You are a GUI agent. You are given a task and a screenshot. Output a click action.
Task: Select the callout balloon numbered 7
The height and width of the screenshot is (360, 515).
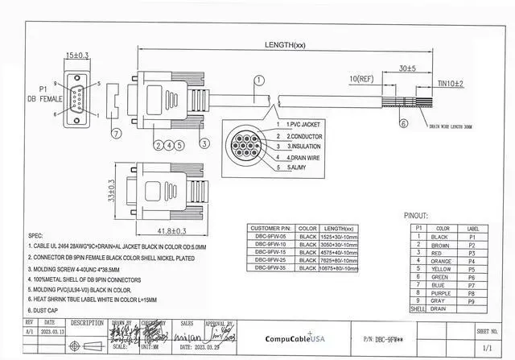[115, 134]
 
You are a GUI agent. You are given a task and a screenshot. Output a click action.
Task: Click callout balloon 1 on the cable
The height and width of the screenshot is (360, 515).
[259, 81]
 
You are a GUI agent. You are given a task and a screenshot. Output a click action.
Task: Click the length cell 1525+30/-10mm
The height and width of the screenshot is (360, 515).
[336, 238]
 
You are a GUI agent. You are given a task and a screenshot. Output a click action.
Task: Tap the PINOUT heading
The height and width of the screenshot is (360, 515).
[420, 216]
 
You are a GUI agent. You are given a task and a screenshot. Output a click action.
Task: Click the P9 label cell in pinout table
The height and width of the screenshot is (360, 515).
[472, 300]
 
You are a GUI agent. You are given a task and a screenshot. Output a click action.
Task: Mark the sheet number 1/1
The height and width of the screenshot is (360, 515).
[487, 347]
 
